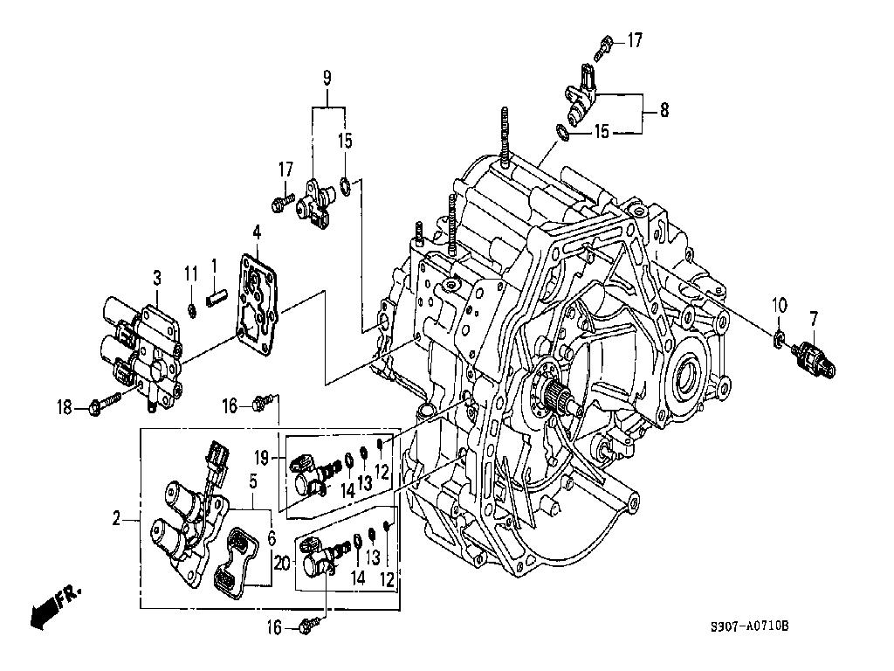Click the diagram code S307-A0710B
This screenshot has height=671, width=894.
click(x=750, y=626)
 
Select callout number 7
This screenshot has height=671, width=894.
click(x=814, y=318)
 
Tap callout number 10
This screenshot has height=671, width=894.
click(x=780, y=305)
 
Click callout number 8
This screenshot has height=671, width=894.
click(x=664, y=109)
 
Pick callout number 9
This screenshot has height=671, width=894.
click(x=327, y=78)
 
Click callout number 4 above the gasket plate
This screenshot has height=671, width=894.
click(x=258, y=232)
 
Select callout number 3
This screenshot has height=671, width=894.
click(x=157, y=278)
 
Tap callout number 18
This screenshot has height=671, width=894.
click(x=65, y=407)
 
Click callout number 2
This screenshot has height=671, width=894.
click(x=116, y=519)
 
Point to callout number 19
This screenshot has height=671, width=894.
click(x=261, y=458)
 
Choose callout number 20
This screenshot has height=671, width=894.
click(x=282, y=564)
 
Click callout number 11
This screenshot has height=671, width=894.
click(x=190, y=273)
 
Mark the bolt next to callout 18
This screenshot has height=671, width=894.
click(x=105, y=404)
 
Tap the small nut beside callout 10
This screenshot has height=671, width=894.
click(x=778, y=340)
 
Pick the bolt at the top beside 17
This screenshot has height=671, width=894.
click(x=602, y=47)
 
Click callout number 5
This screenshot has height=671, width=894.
click(x=253, y=481)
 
